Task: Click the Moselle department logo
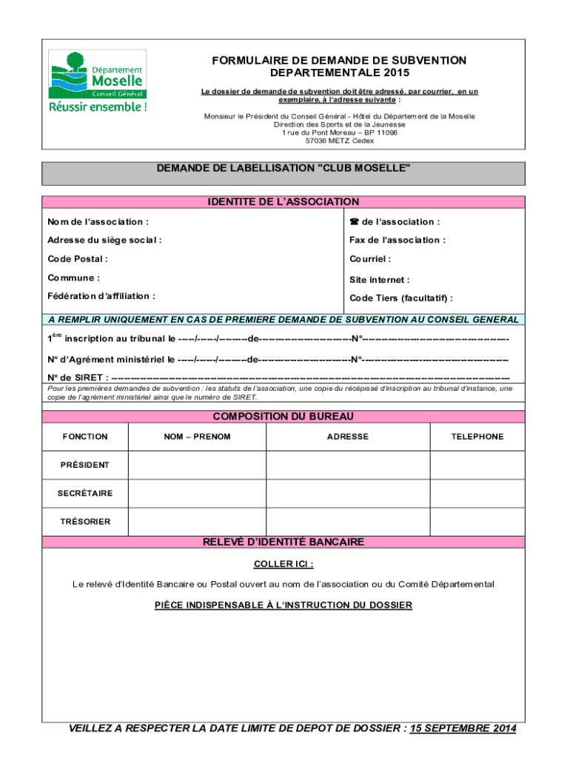(x=97, y=81)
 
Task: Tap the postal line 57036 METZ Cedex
(x=340, y=141)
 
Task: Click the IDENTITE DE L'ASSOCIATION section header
(x=284, y=202)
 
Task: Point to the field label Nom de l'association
(x=98, y=222)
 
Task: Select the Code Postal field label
(x=78, y=259)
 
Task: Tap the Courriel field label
(x=370, y=259)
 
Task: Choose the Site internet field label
(x=379, y=280)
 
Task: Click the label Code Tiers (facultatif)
(x=401, y=298)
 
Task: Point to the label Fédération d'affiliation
(x=101, y=296)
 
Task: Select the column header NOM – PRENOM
(x=197, y=437)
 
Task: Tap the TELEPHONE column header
(x=477, y=437)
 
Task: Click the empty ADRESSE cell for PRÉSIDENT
(x=347, y=465)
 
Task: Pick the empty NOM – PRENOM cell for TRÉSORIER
(x=197, y=522)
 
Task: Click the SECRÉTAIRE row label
(x=85, y=493)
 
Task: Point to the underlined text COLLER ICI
(x=284, y=565)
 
